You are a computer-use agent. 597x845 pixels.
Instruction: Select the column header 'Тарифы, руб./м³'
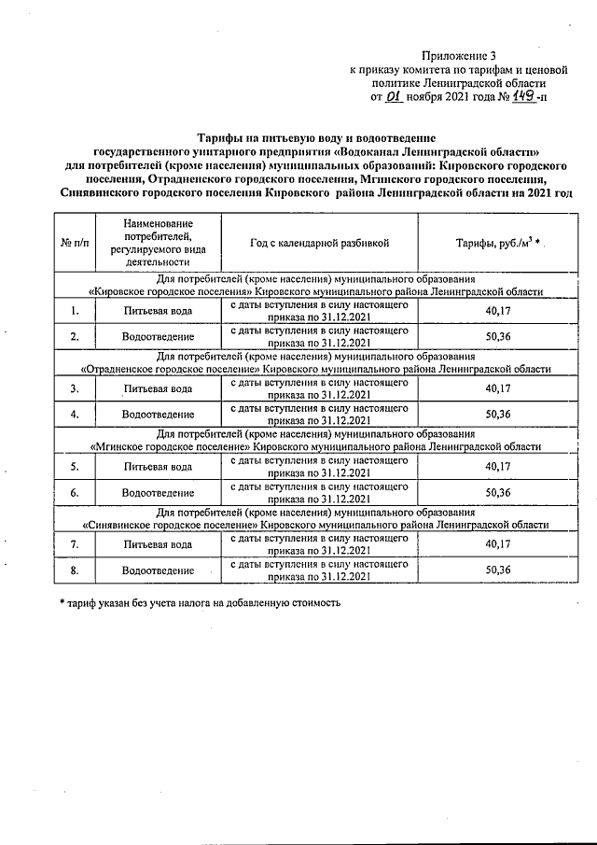coord(498,243)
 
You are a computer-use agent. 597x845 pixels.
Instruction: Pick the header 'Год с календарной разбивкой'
coord(319,243)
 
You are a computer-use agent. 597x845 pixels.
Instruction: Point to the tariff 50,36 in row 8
coord(498,570)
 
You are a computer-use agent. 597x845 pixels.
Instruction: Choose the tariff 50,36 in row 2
coord(498,336)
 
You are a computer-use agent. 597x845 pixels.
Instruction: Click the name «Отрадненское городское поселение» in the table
coord(168,369)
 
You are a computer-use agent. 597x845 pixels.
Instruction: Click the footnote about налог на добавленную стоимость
coord(200,602)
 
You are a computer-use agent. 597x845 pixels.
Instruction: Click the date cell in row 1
coord(319,311)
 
